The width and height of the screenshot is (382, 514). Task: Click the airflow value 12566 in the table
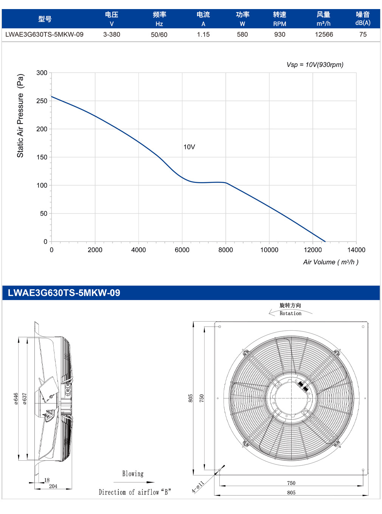(324, 34)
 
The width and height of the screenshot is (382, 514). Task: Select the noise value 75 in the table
(363, 34)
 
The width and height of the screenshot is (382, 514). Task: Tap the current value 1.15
(203, 34)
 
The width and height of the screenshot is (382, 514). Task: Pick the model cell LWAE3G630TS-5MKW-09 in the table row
(44, 34)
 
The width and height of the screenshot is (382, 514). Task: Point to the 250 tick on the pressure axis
(42, 101)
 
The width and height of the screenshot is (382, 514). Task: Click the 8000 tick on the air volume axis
(225, 250)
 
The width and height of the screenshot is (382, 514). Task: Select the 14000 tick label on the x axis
(356, 250)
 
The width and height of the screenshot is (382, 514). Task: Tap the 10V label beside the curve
(189, 147)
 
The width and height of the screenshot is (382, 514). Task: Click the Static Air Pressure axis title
(20, 116)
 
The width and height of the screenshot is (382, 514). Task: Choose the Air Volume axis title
(331, 262)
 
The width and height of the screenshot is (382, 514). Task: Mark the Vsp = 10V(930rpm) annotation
(315, 65)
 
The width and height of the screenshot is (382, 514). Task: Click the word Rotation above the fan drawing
(290, 313)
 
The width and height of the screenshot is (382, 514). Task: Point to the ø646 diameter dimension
(16, 399)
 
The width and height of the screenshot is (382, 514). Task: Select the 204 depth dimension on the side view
(53, 486)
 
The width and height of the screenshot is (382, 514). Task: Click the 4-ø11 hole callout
(197, 487)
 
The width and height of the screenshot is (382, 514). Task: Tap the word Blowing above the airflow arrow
(133, 474)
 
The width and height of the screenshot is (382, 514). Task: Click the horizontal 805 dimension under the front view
(291, 493)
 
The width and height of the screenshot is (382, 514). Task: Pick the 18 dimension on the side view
(47, 480)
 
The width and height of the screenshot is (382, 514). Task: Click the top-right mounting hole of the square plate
(363, 327)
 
